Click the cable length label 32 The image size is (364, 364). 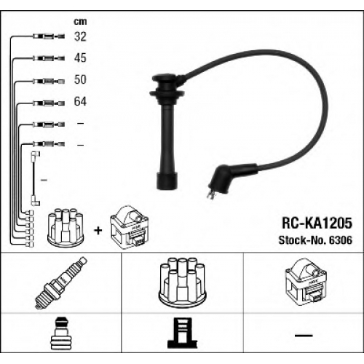[80, 36]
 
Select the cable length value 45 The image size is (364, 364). [80, 58]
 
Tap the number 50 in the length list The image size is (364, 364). [80, 79]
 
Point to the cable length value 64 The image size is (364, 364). [80, 101]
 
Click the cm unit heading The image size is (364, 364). [80, 22]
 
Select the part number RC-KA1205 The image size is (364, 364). [317, 223]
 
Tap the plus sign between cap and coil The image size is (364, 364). [98, 230]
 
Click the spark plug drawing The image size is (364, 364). [61, 282]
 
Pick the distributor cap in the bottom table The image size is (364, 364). [182, 283]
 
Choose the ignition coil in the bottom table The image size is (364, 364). [305, 280]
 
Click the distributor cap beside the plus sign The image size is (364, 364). [66, 226]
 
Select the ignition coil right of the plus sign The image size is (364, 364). [129, 227]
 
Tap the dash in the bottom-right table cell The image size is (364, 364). [304, 336]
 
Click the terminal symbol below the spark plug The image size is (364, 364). [60, 333]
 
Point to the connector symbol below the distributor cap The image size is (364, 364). [182, 333]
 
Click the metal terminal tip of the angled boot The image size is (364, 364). [210, 194]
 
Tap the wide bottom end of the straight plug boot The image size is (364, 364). [167, 181]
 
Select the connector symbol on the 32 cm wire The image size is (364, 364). [49, 36]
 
